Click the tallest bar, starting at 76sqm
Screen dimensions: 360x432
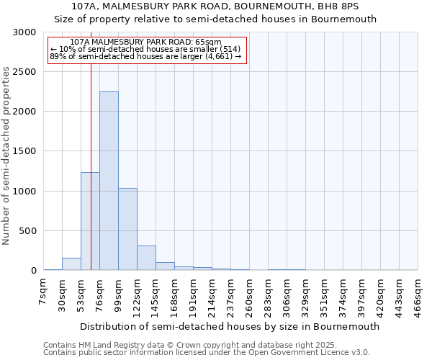(x=109, y=180)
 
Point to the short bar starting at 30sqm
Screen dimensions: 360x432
(x=71, y=264)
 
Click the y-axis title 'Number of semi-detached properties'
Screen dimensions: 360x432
(x=7, y=156)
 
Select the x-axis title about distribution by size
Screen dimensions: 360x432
(x=230, y=326)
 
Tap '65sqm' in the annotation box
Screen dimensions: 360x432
(x=207, y=42)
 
